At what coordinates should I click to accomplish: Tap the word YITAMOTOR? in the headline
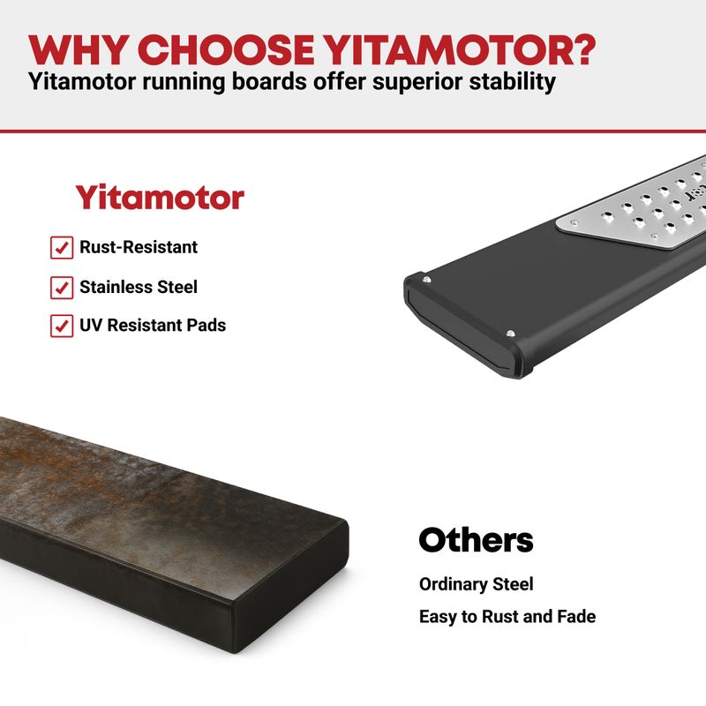460,49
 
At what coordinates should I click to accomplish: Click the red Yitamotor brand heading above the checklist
160,197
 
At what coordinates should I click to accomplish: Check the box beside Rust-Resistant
62,248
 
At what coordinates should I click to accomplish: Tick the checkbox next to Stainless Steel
62,288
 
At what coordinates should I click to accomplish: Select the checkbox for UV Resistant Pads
62,326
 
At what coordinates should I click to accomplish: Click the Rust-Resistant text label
139,247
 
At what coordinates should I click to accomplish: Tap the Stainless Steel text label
139,287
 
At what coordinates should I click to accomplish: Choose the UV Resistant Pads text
153,325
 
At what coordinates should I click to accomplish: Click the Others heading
476,540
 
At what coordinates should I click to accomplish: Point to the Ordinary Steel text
476,584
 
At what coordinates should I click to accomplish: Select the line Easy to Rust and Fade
507,616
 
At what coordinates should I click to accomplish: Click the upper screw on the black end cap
426,281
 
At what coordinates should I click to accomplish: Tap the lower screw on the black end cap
510,334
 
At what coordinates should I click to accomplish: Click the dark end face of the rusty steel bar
290,585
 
